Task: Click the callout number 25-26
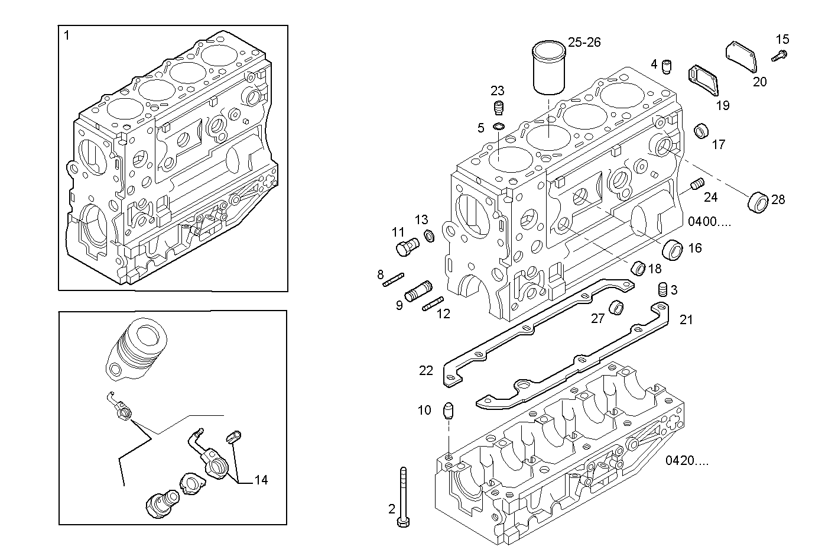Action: coord(584,42)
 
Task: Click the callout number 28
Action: coord(778,200)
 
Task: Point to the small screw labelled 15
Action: coord(778,56)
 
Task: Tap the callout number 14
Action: coord(261,480)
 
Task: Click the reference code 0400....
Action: coord(710,222)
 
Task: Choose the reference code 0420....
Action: coord(687,461)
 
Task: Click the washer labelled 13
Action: coord(430,237)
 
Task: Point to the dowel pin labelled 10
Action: coord(449,411)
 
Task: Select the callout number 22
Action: coord(426,371)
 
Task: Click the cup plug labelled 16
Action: coord(673,249)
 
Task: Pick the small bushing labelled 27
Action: coord(618,307)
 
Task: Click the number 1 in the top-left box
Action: coord(67,35)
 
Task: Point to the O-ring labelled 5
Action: coord(499,127)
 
